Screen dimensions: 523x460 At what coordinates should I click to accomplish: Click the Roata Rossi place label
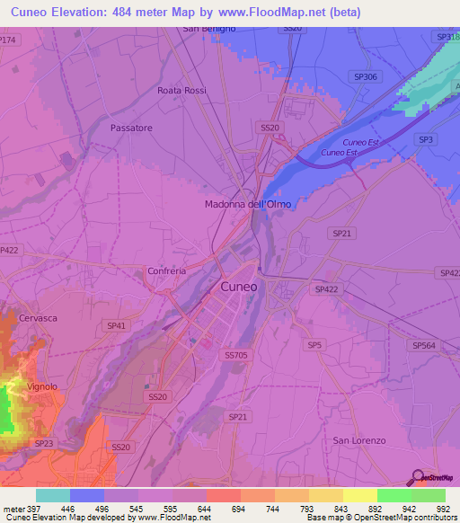(181, 91)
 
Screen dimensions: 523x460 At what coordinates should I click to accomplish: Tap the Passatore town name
(131, 129)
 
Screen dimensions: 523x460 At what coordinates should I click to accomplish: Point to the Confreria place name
(166, 270)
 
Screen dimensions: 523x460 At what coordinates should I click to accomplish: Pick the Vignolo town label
(41, 386)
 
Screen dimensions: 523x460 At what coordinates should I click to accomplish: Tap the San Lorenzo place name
(359, 440)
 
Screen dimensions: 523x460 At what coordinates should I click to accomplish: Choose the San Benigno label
(209, 29)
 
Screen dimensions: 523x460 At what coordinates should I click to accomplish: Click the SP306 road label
(366, 77)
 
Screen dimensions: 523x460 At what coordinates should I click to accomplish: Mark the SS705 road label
(235, 355)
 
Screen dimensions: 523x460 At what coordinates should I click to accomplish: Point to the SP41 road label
(115, 325)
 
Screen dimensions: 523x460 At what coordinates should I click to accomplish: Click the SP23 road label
(43, 444)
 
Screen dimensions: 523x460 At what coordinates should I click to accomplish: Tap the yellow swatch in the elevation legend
(359, 495)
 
